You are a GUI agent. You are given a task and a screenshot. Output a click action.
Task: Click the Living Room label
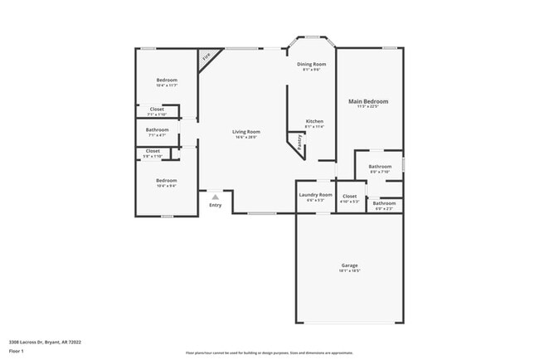[245, 132]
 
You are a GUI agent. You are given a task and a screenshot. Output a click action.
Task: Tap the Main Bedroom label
[367, 101]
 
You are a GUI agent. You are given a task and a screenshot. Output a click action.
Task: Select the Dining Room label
[312, 64]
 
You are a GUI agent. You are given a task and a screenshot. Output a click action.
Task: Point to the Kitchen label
[313, 122]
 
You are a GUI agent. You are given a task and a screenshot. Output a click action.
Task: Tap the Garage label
[349, 265]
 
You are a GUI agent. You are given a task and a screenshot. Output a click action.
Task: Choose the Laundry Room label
[315, 195]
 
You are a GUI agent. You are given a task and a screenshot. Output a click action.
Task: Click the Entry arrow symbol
[215, 197]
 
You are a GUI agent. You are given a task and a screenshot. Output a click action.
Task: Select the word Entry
[215, 205]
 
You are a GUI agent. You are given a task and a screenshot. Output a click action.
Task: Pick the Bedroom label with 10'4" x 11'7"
[167, 80]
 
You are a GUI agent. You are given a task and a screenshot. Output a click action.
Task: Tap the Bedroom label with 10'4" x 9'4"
[167, 180]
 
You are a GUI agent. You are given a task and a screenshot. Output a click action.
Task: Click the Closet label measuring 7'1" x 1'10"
[157, 109]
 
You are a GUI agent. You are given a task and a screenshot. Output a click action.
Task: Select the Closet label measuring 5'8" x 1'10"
[153, 151]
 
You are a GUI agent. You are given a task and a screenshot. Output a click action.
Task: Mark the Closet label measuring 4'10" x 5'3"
[349, 197]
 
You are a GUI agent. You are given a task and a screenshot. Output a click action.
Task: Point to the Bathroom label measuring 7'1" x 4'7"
[158, 129]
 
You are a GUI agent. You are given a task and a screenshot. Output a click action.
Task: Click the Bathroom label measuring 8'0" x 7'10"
[380, 167]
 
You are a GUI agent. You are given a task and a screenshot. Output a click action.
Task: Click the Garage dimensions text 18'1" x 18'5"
[349, 271]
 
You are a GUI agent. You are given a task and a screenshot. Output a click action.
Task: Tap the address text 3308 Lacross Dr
[45, 342]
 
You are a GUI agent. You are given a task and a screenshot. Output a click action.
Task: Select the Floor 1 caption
[17, 350]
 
